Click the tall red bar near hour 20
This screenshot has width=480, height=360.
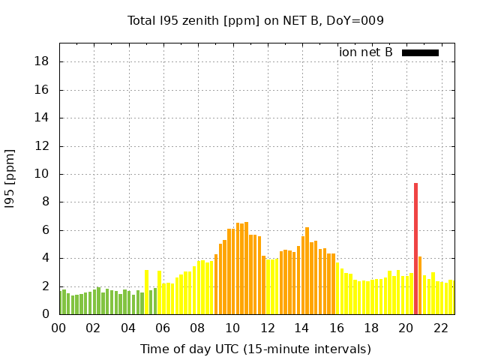pos(415,248)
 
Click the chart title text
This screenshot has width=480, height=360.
pos(256,21)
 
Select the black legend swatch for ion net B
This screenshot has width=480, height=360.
pos(420,52)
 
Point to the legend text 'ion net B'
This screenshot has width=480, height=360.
pos(366,52)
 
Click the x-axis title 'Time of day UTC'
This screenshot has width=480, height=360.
pos(256,349)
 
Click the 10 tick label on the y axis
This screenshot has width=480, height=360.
pos(43,174)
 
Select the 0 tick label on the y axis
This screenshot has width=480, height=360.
pos(46,314)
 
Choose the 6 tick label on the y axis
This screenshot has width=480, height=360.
pos(46,230)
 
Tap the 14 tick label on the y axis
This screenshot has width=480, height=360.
pos(43,118)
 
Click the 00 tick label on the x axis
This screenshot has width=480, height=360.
pos(58,328)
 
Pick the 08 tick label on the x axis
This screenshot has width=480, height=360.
pos(197,328)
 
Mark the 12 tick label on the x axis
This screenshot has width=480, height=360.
pos(267,328)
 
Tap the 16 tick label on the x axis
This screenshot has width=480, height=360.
pos(336,328)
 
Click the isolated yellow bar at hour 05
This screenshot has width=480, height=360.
pos(146,292)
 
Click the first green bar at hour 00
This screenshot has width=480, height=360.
pos(60,302)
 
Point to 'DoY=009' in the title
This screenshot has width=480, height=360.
pos(358,21)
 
